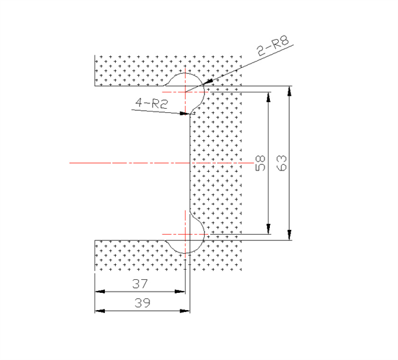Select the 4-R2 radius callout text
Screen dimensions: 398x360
pyautogui.click(x=152, y=103)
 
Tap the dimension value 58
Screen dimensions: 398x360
pyautogui.click(x=260, y=163)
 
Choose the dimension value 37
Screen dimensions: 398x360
pyautogui.click(x=140, y=284)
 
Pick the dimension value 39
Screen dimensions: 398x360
pyautogui.click(x=142, y=303)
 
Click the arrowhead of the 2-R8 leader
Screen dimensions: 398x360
pyautogui.click(x=208, y=81)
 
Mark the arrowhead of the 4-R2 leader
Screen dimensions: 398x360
pyautogui.click(x=185, y=114)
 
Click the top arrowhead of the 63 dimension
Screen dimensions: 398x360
pyautogui.click(x=289, y=91)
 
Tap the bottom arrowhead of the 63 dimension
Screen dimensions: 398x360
pyautogui.click(x=289, y=235)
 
